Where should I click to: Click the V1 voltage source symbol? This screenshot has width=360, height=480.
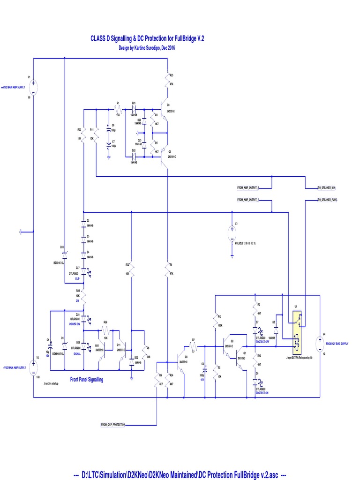click(34, 87)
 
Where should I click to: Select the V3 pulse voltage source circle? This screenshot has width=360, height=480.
click(232, 232)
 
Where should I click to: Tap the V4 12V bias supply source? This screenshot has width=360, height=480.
click(320, 344)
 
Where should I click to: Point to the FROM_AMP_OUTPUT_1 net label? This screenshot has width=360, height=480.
click(248, 200)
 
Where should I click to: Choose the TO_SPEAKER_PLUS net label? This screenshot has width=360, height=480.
click(328, 200)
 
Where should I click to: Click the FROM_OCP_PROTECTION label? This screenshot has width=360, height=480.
click(113, 425)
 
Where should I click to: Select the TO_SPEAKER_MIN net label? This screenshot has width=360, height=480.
click(327, 187)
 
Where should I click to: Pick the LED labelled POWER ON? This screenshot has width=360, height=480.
click(84, 317)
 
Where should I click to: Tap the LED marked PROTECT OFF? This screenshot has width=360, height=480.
click(255, 334)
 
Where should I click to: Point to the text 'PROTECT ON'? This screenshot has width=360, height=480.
click(262, 393)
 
